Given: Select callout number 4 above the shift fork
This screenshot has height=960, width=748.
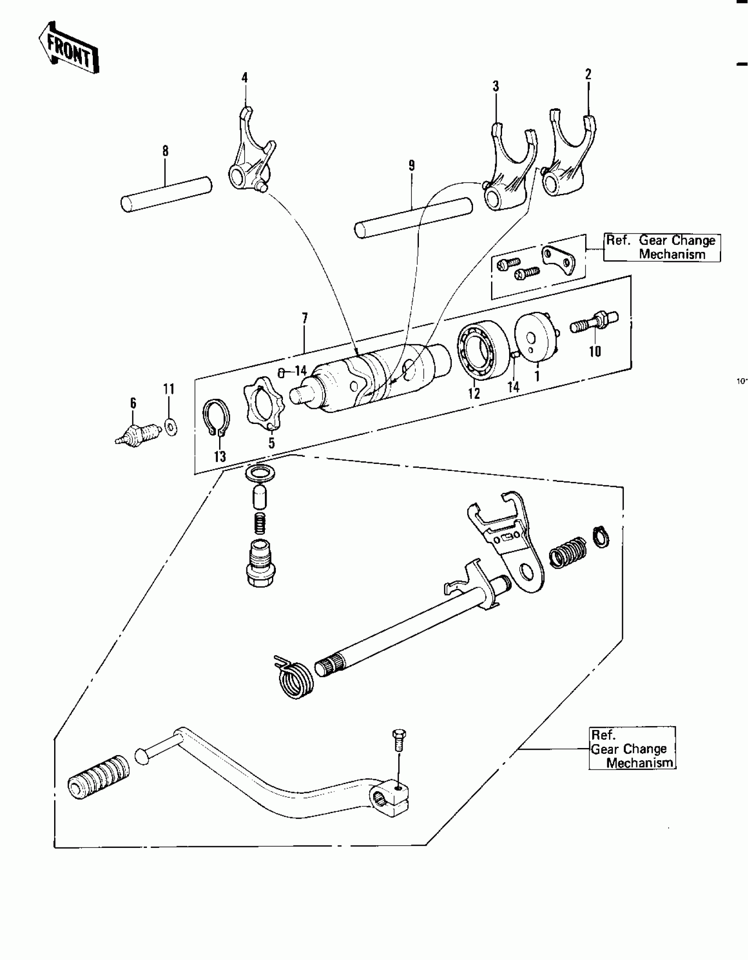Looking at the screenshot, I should coord(245,78).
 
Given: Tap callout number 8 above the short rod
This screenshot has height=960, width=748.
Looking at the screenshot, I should coord(165,151).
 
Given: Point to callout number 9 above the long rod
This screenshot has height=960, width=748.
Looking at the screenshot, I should coord(411,166).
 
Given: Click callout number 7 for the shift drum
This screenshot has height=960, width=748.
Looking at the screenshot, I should coord(304,318).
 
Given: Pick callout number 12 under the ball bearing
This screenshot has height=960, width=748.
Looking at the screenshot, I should coord(473,393).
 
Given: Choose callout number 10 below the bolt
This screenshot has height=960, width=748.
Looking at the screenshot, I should coord(595,351).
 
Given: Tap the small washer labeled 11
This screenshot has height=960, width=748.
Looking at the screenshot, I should coord(171,427).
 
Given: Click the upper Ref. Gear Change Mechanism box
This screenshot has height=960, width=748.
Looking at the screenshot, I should coord(661,248).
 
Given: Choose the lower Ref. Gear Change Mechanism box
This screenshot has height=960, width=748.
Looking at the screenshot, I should coord(632,748).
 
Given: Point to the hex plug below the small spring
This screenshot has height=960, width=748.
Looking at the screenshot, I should coord(261,563).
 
